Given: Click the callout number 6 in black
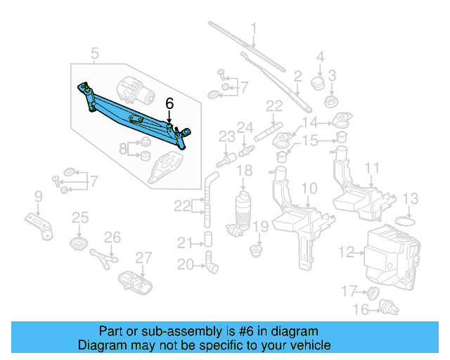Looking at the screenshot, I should pos(169,103).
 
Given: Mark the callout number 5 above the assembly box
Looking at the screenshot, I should pos(95,53).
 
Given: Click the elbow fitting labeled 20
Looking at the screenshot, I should pos(212,265).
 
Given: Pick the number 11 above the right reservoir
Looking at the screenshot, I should pos(372,168).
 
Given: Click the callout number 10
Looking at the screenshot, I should pos(309,188).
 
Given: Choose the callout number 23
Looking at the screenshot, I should pos(226,136).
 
